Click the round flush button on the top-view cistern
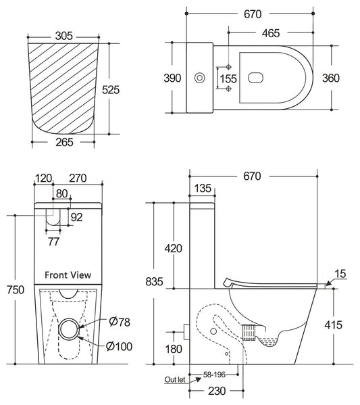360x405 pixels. (201, 78)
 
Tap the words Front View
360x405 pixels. (68, 275)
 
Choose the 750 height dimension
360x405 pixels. (14, 289)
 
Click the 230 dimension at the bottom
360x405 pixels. (217, 391)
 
